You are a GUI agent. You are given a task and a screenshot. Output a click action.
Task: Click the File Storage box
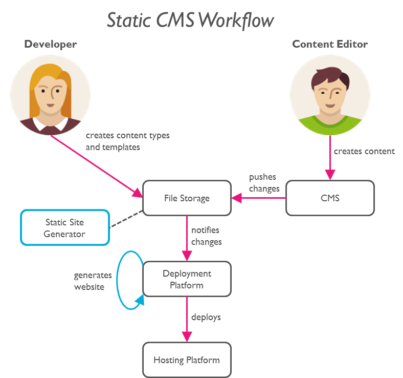(187, 198)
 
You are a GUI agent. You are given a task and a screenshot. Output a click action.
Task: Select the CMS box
(330, 198)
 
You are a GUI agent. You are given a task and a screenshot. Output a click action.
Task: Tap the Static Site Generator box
(65, 227)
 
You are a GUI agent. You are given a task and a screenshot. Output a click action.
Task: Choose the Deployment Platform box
(187, 279)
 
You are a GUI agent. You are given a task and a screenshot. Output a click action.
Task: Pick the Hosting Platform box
(187, 360)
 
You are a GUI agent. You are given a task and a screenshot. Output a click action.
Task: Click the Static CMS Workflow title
(190, 20)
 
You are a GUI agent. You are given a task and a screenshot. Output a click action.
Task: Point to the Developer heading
(50, 44)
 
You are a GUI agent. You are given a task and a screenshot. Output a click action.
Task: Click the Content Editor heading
(330, 44)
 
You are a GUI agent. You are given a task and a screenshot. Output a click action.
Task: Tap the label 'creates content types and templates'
(127, 141)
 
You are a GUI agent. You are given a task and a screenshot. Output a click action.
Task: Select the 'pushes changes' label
(264, 183)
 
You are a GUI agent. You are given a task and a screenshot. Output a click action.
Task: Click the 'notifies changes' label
(207, 236)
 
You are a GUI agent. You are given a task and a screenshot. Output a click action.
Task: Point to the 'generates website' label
(93, 281)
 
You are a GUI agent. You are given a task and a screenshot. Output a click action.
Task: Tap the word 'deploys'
(206, 317)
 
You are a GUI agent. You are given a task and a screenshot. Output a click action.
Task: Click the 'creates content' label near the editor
(364, 151)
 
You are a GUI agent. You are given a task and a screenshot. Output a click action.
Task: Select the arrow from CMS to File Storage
(259, 198)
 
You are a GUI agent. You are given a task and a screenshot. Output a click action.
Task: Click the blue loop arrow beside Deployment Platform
(117, 280)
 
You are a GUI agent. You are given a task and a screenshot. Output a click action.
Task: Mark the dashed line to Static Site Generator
(126, 219)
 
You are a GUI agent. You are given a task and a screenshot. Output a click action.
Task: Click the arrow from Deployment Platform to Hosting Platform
(187, 319)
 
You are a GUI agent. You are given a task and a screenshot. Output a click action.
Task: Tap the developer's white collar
(50, 124)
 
